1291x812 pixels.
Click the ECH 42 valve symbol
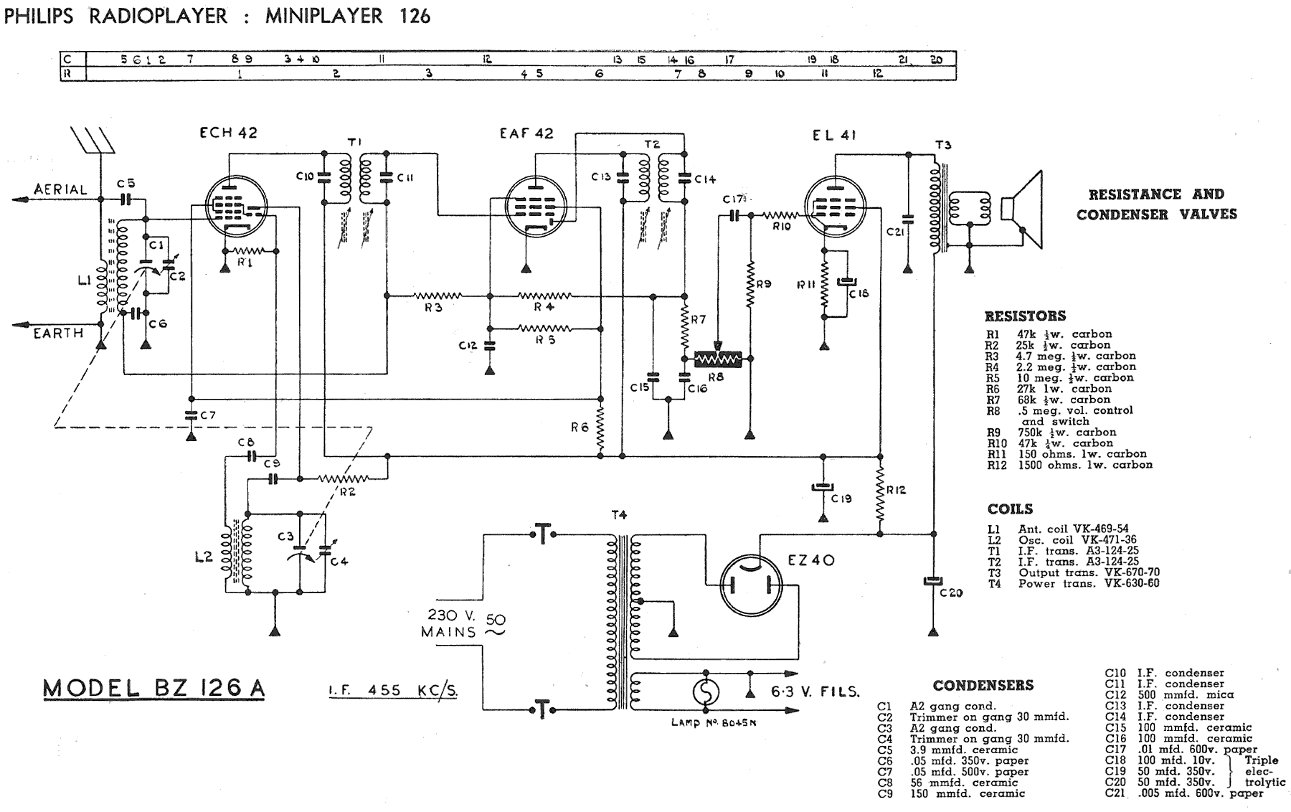click(235, 206)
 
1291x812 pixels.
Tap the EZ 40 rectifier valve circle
click(751, 586)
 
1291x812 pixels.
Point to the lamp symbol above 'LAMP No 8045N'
click(704, 692)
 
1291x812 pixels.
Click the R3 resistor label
click(432, 308)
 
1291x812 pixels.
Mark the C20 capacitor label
click(951, 593)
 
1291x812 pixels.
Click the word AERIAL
click(60, 189)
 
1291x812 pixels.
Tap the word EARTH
click(59, 333)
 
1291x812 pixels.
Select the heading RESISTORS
click(1025, 316)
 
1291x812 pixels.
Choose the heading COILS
click(1010, 509)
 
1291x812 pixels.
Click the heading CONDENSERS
click(983, 686)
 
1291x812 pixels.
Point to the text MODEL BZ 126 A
click(154, 689)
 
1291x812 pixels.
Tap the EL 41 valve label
click(834, 135)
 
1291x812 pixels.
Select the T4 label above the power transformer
click(619, 515)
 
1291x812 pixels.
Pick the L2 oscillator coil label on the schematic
click(204, 556)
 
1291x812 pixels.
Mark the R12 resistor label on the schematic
click(896, 490)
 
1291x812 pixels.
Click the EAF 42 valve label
click(526, 133)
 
